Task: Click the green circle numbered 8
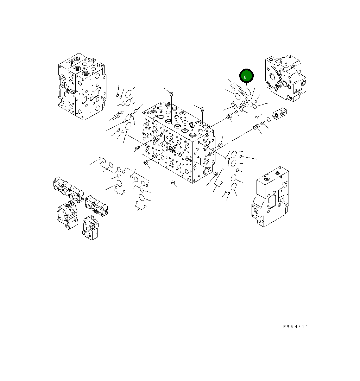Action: (x=246, y=76)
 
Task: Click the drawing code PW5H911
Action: (x=295, y=327)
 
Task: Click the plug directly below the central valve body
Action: (x=172, y=182)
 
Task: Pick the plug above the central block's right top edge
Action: (x=202, y=109)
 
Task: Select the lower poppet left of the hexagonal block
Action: (x=257, y=127)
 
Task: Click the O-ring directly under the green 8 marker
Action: (x=248, y=93)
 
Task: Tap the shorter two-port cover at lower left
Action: (x=96, y=206)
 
